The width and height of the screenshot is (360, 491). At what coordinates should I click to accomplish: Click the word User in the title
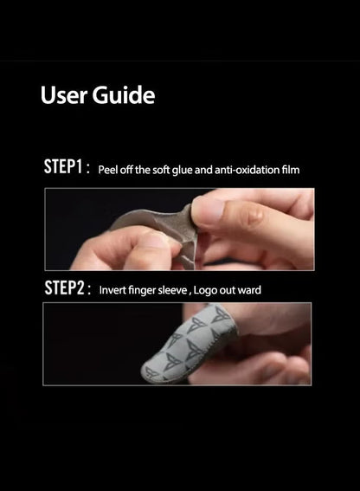click(64, 95)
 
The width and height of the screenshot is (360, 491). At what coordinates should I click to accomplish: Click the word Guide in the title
click(124, 95)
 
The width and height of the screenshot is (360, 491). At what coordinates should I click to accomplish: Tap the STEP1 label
click(63, 166)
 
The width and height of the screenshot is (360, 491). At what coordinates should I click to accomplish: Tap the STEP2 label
click(64, 287)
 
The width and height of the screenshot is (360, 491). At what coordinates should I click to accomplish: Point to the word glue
click(183, 171)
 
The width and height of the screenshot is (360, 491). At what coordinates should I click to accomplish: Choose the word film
click(291, 170)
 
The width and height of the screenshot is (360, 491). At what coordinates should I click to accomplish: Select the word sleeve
click(172, 290)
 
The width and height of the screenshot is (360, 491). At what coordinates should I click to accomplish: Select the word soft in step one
click(161, 170)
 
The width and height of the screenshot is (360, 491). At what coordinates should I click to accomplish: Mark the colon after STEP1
click(88, 169)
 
